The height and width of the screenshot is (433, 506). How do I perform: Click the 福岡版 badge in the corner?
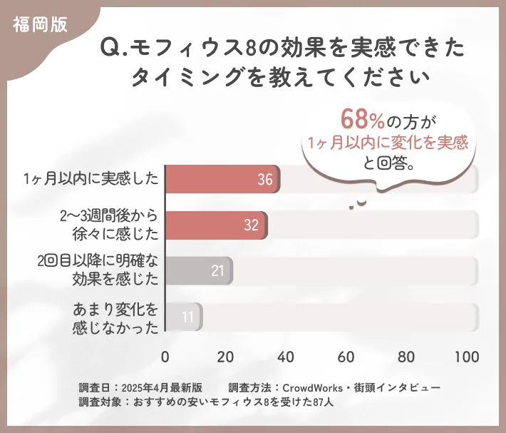[40, 24]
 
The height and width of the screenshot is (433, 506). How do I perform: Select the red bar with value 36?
[222, 180]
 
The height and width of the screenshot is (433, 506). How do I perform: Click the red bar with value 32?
[216, 225]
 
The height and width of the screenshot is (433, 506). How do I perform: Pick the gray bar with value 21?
[199, 271]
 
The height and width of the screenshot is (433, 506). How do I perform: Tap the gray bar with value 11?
[184, 317]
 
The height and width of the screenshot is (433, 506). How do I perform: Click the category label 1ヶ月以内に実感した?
[90, 178]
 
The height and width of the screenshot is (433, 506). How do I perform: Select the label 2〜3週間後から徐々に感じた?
[109, 224]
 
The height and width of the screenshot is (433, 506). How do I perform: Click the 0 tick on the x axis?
[165, 357]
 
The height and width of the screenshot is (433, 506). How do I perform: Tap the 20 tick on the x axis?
[226, 357]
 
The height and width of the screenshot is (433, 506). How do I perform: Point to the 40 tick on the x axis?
[286, 357]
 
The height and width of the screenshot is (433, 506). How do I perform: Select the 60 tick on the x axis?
[347, 357]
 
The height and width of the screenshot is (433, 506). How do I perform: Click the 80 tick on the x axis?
[407, 357]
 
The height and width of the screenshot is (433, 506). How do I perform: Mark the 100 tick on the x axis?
[467, 357]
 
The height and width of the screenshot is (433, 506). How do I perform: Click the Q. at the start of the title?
[113, 49]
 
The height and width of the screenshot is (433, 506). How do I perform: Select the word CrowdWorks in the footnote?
[314, 387]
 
